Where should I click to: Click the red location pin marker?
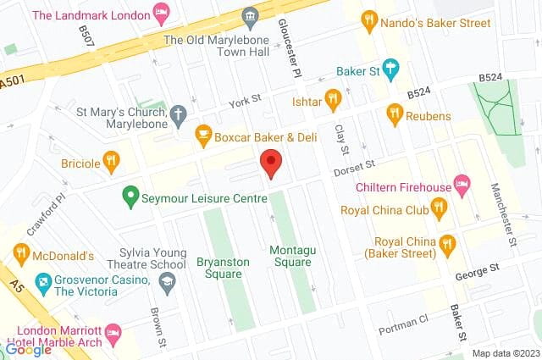pos(270,162)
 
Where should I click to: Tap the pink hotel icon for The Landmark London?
pos(161,14)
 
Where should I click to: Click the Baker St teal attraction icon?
pos(390,67)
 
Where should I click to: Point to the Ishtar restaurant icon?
pos(334,102)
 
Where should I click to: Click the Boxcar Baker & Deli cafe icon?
pos(203,134)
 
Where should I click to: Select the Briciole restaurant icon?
pos(111,160)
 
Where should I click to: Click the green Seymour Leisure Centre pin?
pos(130,197)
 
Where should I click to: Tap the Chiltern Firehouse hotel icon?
pos(462,182)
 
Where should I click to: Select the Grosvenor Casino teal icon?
pos(43,280)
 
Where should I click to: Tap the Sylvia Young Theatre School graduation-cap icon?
pos(168,280)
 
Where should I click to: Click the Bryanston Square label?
pos(223,268)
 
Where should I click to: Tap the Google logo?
pos(28,349)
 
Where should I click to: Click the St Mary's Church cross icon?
pos(178,112)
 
